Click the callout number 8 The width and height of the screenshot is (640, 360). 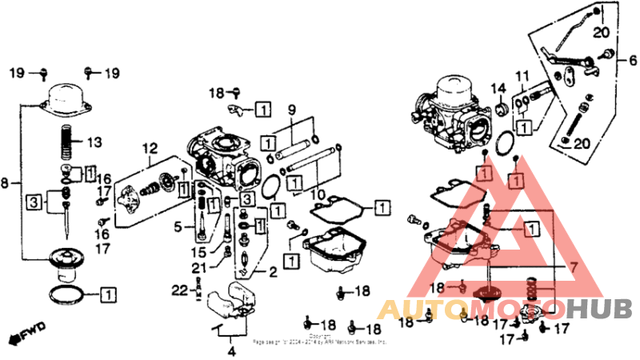[x=6, y=183]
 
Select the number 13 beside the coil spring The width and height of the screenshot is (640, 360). [x=94, y=143]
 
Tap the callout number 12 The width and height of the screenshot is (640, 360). [x=150, y=148]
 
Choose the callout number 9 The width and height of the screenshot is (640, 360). [x=633, y=61]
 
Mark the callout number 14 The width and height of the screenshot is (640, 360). [x=497, y=88]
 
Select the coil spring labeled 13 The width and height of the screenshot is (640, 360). [x=68, y=144]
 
